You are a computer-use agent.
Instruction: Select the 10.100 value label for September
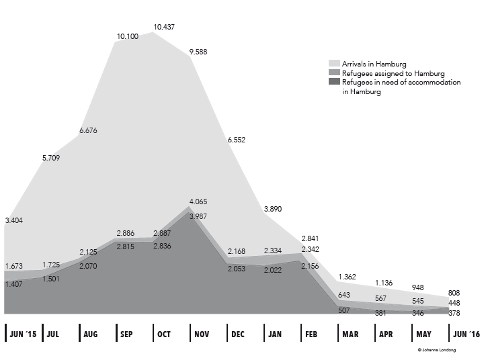click(128, 36)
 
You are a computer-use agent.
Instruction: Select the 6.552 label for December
click(239, 140)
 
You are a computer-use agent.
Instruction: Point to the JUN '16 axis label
click(466, 333)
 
